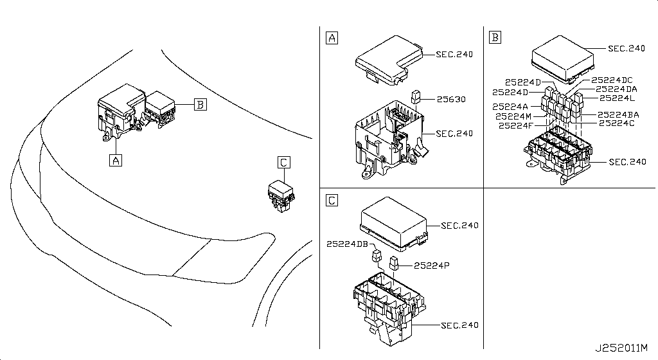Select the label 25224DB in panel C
click(347, 244)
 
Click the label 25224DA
click(616, 89)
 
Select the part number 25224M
click(513, 116)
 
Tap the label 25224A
click(510, 107)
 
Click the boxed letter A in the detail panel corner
click(332, 37)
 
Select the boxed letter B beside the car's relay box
click(200, 104)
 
